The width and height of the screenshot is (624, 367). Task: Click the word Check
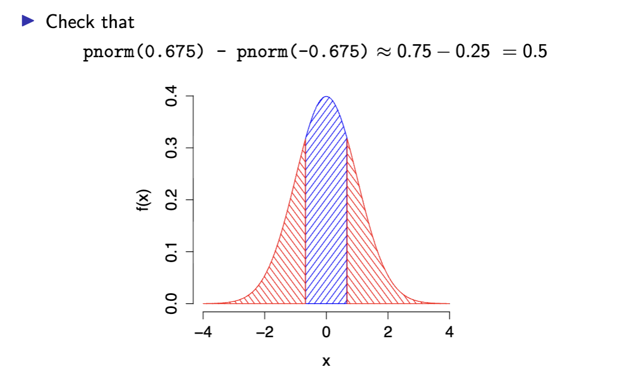(x=70, y=22)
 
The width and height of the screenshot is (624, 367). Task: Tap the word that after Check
(x=117, y=22)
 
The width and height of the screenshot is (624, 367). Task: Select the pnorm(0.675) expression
(x=141, y=52)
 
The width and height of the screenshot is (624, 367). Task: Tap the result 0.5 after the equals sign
(x=533, y=52)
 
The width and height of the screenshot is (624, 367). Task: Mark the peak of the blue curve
(x=326, y=97)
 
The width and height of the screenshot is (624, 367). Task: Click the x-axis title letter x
(x=326, y=360)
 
